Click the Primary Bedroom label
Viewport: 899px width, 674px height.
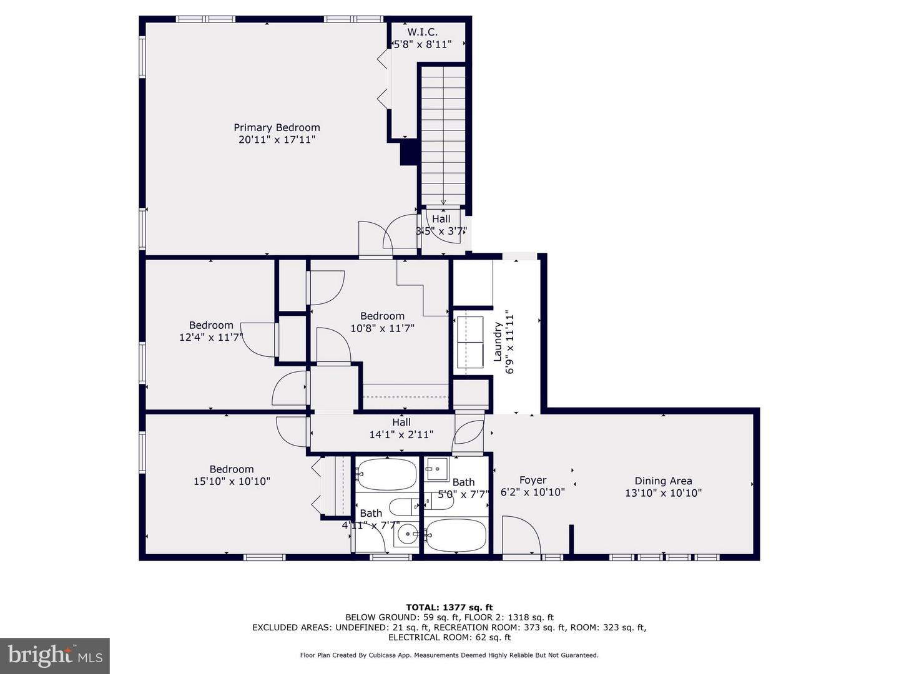[x=277, y=127]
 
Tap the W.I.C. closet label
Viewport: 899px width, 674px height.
[x=422, y=32]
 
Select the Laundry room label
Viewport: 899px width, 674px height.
[x=497, y=342]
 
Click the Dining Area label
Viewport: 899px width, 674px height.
[x=663, y=481]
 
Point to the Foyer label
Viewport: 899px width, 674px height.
[x=533, y=480]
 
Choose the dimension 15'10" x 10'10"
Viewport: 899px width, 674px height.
[x=232, y=481]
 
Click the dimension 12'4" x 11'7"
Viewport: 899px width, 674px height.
[x=211, y=337]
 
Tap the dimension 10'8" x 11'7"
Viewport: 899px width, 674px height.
[x=383, y=328]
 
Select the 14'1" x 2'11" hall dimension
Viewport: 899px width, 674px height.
[x=401, y=434]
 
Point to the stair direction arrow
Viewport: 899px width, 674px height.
[x=443, y=202]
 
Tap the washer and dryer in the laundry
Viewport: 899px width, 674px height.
[x=469, y=346]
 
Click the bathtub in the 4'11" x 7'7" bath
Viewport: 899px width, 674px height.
[x=386, y=474]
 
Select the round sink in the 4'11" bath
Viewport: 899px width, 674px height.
[x=406, y=534]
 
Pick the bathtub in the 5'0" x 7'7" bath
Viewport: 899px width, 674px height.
[x=456, y=535]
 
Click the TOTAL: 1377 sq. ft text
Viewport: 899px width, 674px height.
[x=449, y=607]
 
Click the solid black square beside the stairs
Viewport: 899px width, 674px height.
[x=408, y=152]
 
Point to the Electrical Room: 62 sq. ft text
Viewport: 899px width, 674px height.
[x=449, y=637]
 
